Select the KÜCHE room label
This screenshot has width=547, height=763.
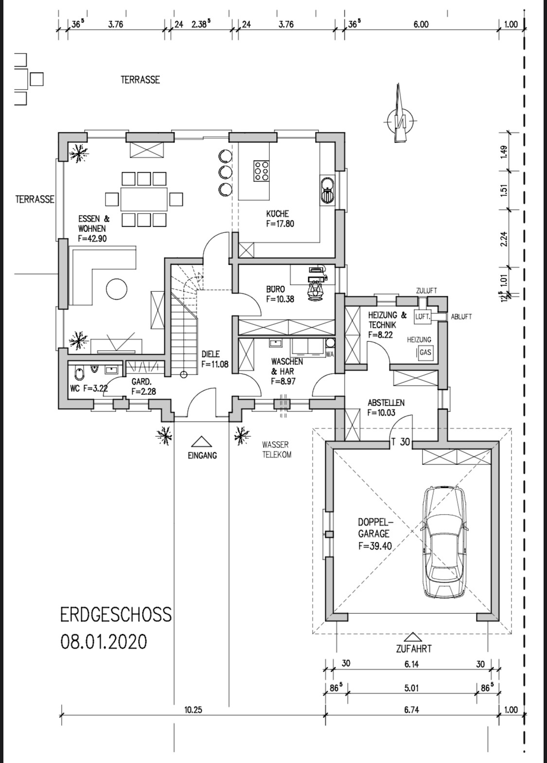tap(278, 214)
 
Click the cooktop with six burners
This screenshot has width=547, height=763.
tap(261, 171)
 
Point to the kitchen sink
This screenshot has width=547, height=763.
tap(327, 191)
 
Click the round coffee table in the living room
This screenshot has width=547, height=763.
tap(117, 289)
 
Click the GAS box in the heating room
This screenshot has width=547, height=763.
tap(425, 352)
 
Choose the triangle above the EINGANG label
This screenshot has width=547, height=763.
tap(202, 442)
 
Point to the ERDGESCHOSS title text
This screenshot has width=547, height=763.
tap(116, 615)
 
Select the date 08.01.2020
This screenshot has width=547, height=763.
tap(104, 642)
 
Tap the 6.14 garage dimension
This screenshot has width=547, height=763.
tap(411, 664)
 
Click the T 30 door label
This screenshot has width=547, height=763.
tap(401, 442)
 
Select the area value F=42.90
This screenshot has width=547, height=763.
tap(92, 238)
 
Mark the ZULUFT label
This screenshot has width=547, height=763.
tap(426, 291)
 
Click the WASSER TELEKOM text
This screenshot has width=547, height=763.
tap(277, 450)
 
